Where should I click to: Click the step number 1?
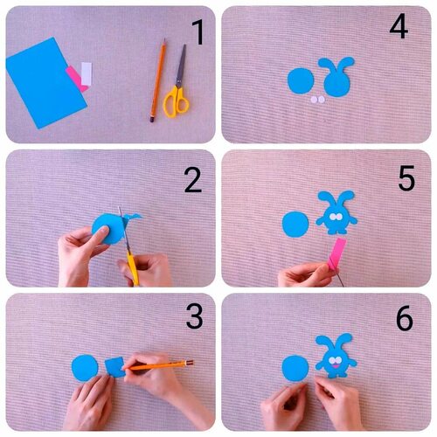(x=198, y=32)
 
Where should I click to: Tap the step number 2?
(x=193, y=180)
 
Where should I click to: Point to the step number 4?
(x=399, y=26)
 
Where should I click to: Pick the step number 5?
(x=406, y=177)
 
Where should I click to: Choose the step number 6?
(x=405, y=318)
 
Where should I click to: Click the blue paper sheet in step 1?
(x=46, y=83)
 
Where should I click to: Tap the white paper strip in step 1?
(x=87, y=74)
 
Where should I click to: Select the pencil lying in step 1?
(x=158, y=80)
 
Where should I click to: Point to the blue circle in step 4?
(x=301, y=80)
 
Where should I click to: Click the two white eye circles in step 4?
(x=317, y=100)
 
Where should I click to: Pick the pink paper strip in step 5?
(x=337, y=253)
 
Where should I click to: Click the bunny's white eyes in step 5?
(x=336, y=217)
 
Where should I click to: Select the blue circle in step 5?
(x=295, y=225)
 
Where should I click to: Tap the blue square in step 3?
(x=114, y=367)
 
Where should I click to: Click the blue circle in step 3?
(x=85, y=368)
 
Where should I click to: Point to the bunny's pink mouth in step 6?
(x=336, y=366)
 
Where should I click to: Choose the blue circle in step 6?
(x=295, y=368)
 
